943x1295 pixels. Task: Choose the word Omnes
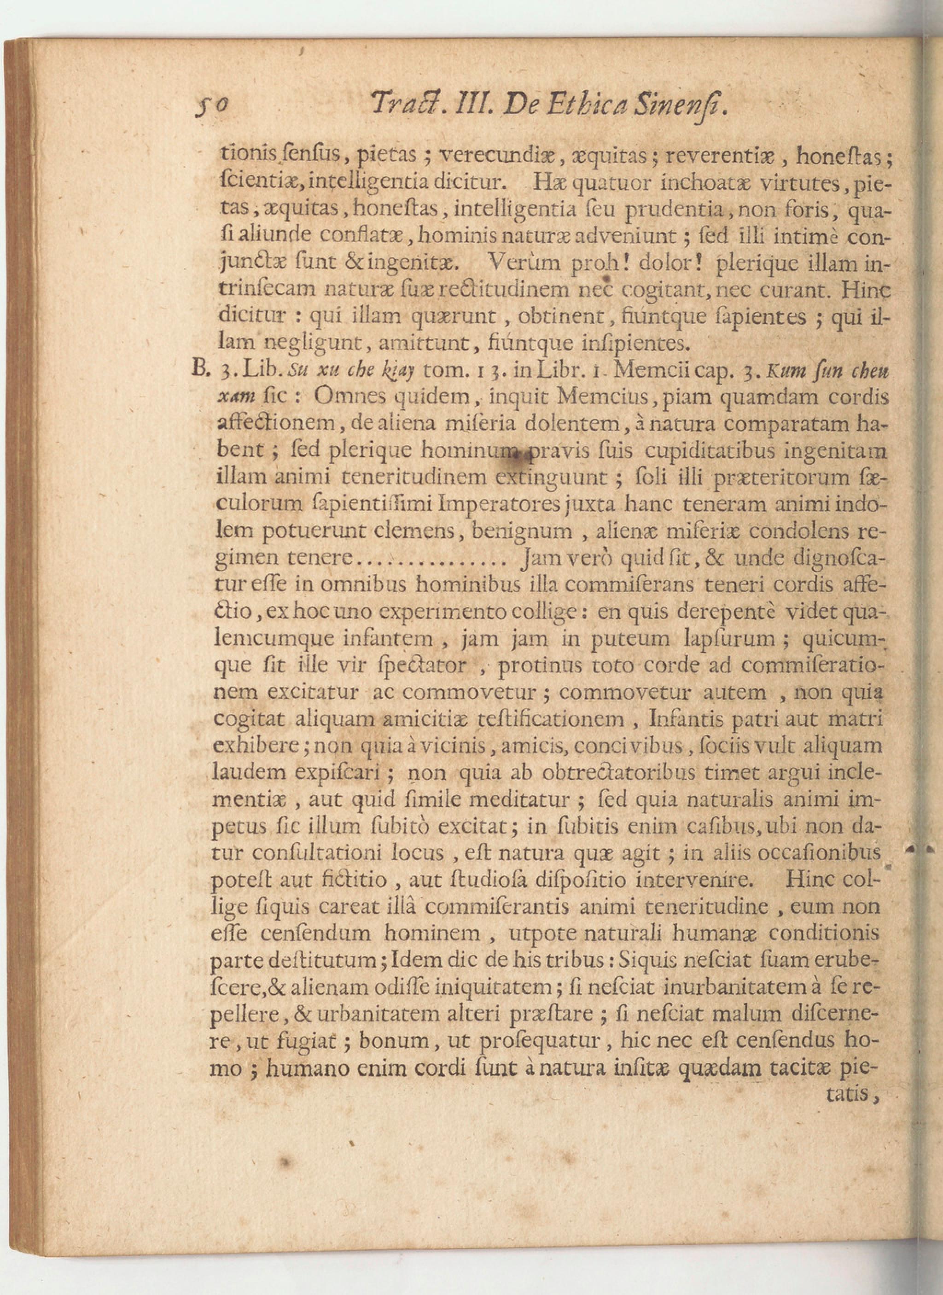(349, 397)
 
